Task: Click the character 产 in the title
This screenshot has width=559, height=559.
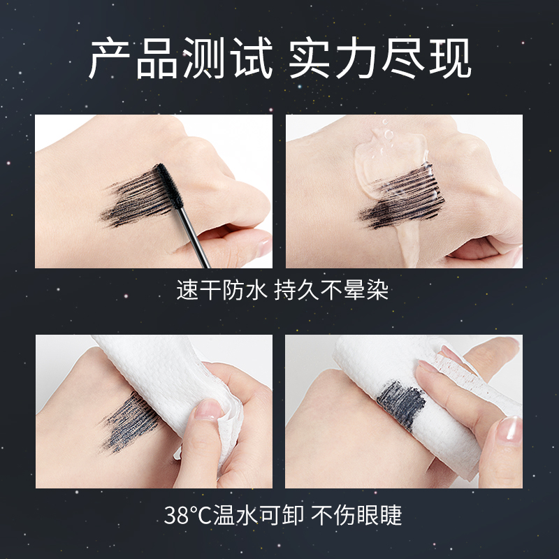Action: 112,60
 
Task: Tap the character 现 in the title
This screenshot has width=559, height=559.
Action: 448,60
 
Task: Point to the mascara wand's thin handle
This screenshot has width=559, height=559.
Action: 191,234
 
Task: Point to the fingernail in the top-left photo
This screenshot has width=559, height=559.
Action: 262,247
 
